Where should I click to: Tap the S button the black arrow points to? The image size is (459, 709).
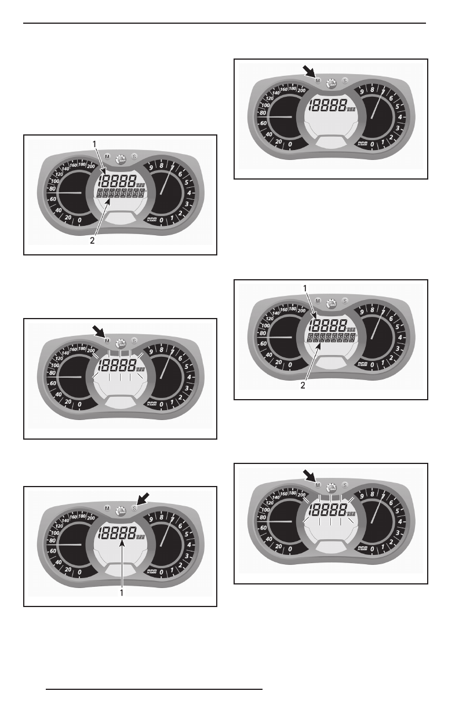[134, 507]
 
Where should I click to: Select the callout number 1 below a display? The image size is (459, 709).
[122, 593]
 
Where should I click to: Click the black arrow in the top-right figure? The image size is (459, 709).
[309, 71]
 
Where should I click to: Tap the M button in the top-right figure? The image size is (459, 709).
[318, 81]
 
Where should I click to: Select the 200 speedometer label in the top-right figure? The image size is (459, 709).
[301, 90]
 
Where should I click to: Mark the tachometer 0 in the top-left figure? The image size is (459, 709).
[162, 221]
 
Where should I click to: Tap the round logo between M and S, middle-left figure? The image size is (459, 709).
[121, 343]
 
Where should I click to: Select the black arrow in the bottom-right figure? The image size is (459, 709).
[309, 475]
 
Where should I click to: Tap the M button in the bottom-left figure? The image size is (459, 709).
[107, 508]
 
